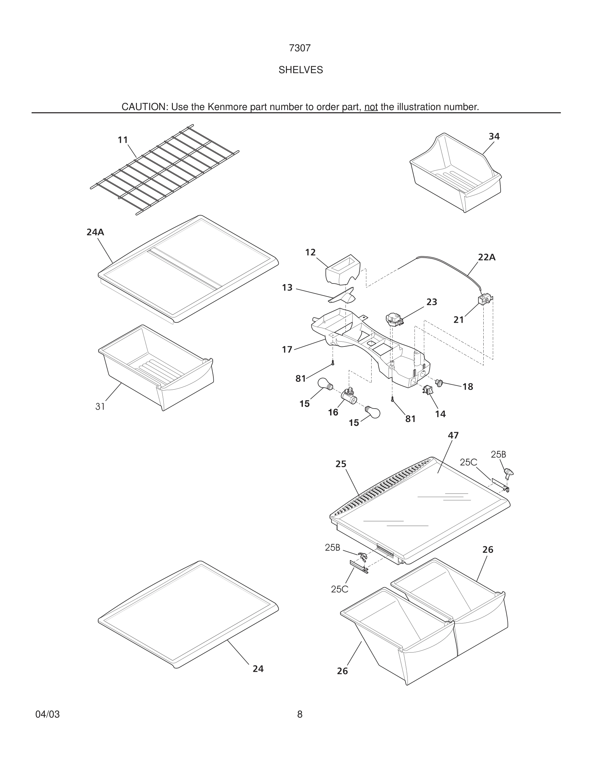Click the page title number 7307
(300, 48)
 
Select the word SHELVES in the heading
(300, 70)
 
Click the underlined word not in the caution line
(371, 107)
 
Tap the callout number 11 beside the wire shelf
(123, 140)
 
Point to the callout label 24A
(95, 232)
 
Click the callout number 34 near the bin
(494, 137)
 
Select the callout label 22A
(486, 257)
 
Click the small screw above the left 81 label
(332, 363)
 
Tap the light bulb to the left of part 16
(325, 384)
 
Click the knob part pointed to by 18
(439, 383)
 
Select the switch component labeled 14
(427, 390)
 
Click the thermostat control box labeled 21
(484, 299)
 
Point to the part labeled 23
(394, 318)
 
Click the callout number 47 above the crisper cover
(453, 435)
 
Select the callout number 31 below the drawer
(100, 407)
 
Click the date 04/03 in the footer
(47, 714)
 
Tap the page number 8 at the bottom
(300, 714)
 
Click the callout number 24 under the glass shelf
(258, 669)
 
